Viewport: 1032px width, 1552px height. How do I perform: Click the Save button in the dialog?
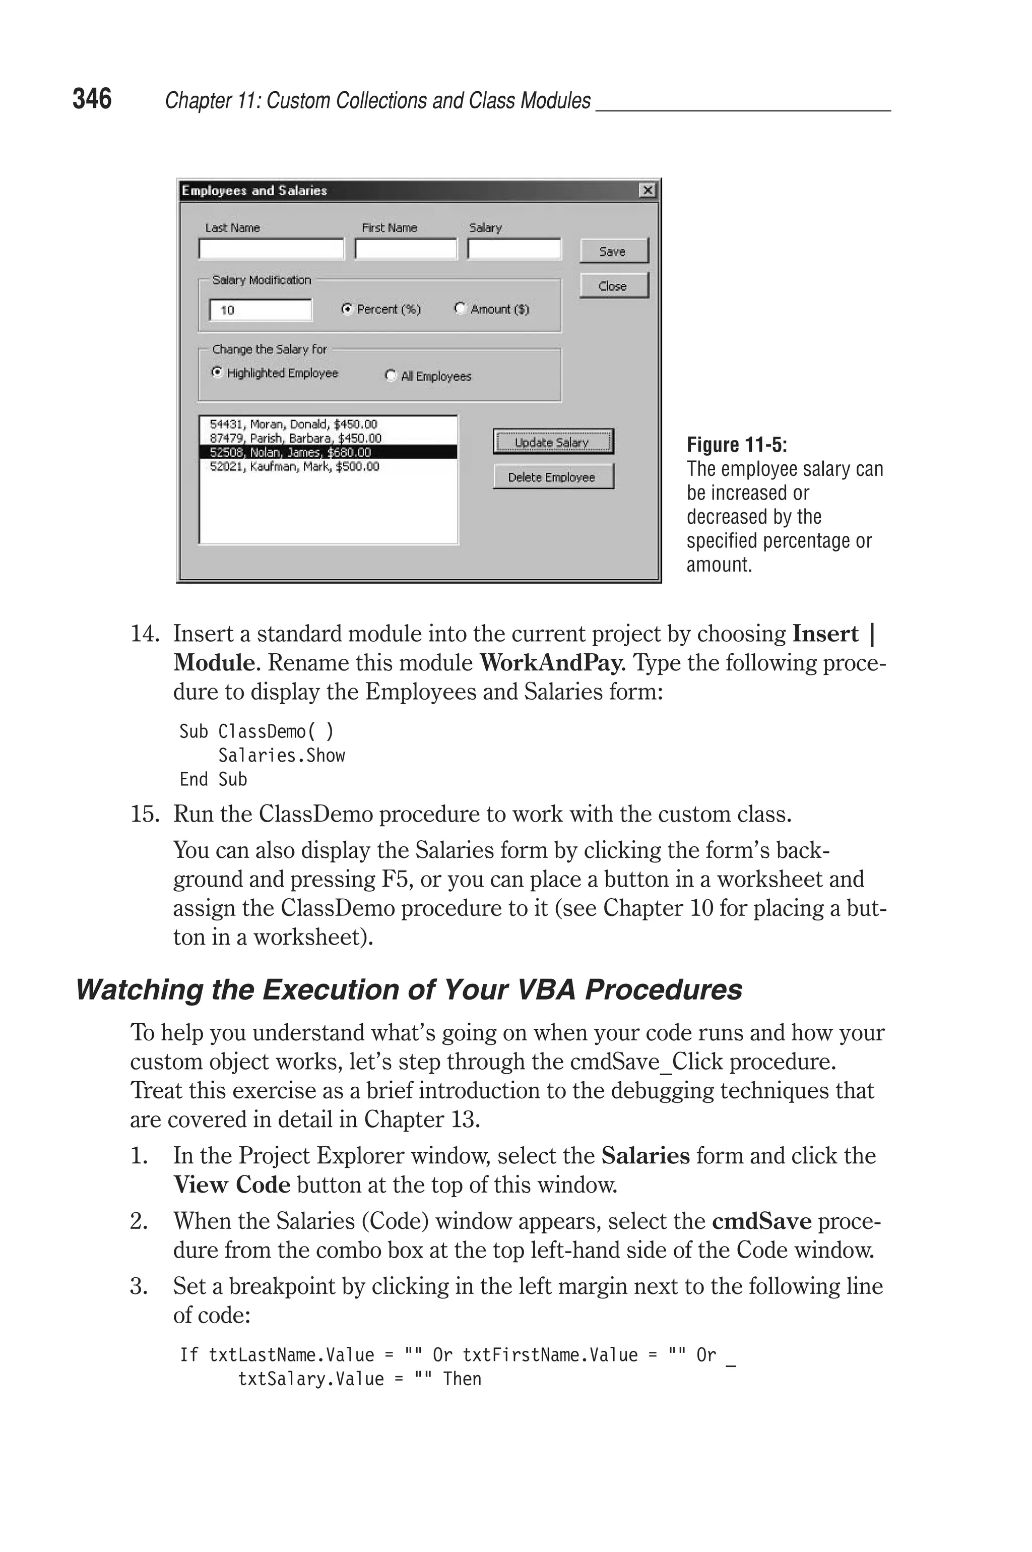coord(613,251)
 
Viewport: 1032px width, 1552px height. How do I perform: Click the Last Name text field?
coord(271,250)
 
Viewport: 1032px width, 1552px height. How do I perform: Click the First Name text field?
coord(406,250)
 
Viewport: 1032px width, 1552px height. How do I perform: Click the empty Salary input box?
coord(514,250)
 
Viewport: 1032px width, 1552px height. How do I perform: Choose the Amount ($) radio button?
coord(460,308)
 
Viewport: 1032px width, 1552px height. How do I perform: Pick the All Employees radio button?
coord(391,376)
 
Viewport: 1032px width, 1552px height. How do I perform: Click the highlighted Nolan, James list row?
coord(328,452)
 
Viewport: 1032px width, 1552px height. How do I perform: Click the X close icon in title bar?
coord(648,190)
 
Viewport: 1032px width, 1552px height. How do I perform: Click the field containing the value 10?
coord(261,310)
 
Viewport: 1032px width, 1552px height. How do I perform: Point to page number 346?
coord(92,99)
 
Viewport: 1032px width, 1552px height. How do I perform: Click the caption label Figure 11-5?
coord(737,445)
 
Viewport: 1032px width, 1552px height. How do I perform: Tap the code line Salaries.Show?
coord(281,756)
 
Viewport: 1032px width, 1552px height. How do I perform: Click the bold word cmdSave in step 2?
coord(761,1221)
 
